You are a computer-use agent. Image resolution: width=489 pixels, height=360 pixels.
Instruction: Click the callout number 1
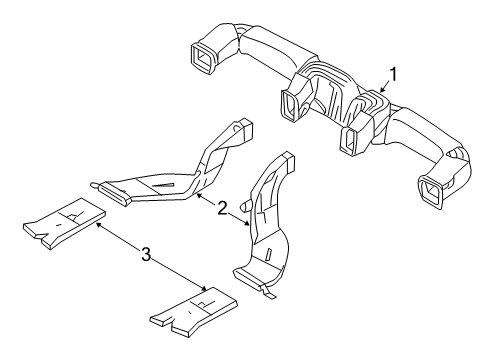395,73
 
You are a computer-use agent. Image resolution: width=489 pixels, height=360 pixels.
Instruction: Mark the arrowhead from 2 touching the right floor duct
248,227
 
